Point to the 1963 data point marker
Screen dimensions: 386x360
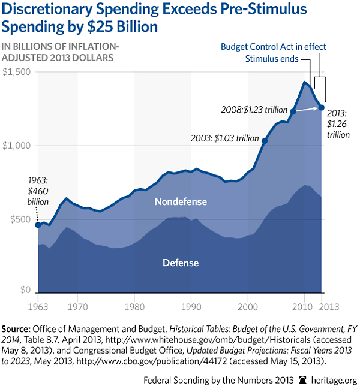pyautogui.click(x=37, y=225)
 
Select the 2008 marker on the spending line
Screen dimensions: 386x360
pyautogui.click(x=293, y=111)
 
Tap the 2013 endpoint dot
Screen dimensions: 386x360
pyautogui.click(x=322, y=107)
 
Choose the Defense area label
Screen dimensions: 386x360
pyautogui.click(x=181, y=263)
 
